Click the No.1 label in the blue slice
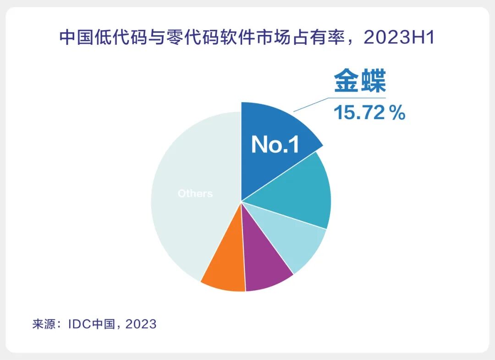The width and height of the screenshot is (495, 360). [x=275, y=145]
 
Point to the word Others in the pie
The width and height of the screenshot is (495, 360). [x=195, y=194]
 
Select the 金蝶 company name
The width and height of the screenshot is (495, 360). [x=360, y=81]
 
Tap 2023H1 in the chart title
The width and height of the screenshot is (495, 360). [x=399, y=38]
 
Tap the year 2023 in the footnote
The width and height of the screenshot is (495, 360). [x=141, y=324]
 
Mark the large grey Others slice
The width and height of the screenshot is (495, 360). [x=183, y=229]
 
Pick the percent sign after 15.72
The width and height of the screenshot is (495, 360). [x=397, y=113]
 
